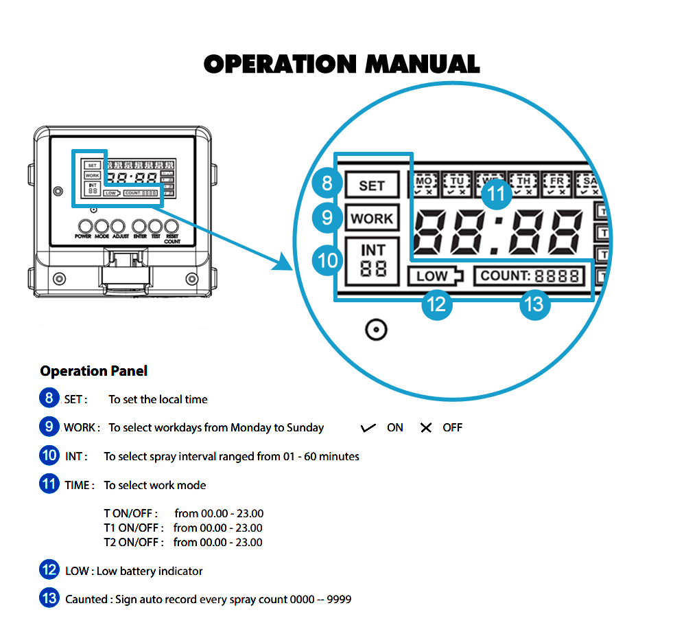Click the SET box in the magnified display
pyautogui.click(x=372, y=185)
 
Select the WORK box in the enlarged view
pyautogui.click(x=372, y=218)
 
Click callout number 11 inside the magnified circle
pyautogui.click(x=497, y=194)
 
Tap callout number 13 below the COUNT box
pyautogui.click(x=534, y=303)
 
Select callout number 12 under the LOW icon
pyautogui.click(x=436, y=303)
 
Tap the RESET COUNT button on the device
pyautogui.click(x=172, y=226)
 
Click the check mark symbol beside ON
pyautogui.click(x=368, y=428)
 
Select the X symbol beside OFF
pyautogui.click(x=426, y=428)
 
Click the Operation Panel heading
pyautogui.click(x=93, y=371)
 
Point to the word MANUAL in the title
pyautogui.click(x=422, y=64)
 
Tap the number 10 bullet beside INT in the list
pyautogui.click(x=49, y=455)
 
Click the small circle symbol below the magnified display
pyautogui.click(x=376, y=330)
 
